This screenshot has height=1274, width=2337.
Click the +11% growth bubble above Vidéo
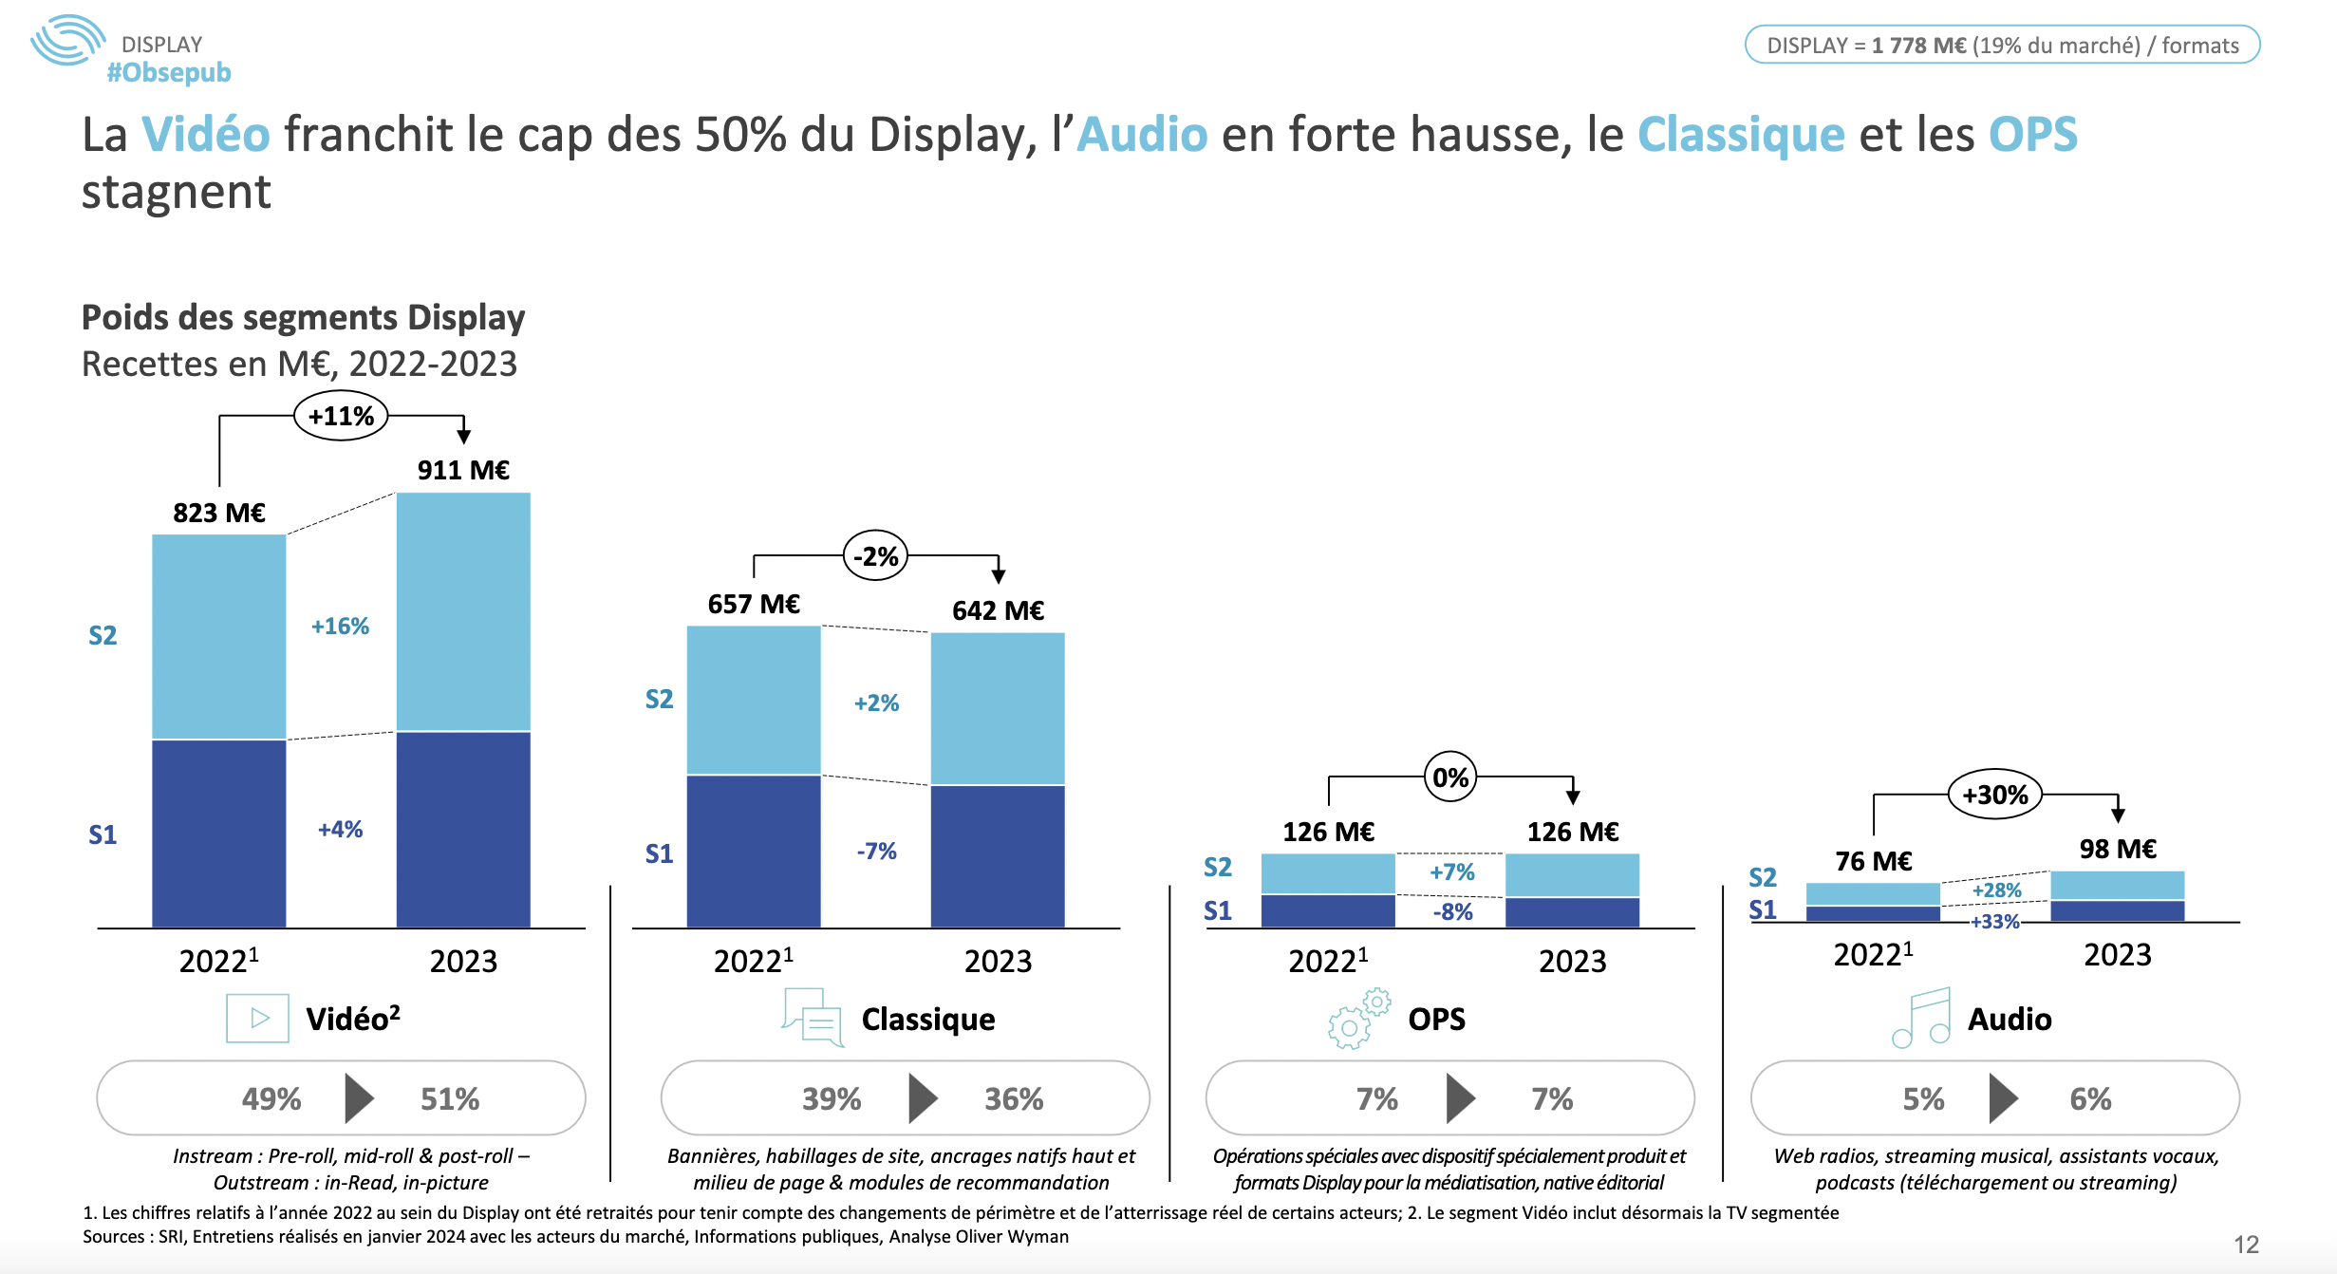coord(341,417)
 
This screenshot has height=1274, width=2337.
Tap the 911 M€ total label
coord(463,470)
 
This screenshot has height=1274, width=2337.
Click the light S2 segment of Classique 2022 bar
coord(754,700)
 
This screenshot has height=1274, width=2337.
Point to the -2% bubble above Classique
coord(875,556)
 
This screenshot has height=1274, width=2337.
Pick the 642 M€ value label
coord(998,610)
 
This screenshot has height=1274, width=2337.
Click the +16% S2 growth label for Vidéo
coord(340,627)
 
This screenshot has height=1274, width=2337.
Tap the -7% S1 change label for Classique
coord(876,851)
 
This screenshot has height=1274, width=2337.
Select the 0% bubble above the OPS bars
coord(1450,778)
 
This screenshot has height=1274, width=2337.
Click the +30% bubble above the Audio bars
coord(1994,796)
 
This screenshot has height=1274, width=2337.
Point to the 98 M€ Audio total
coord(2118,849)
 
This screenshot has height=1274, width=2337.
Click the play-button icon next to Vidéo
coord(258,1018)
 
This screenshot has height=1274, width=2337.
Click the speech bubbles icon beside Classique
coord(813,1018)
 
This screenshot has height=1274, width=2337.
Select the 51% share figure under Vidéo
coord(450,1099)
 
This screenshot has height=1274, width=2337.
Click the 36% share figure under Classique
coord(1014,1099)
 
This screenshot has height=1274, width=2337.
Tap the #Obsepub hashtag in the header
coord(169,72)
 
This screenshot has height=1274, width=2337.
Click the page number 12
coord(2246,1245)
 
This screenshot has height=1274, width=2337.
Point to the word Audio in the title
coord(1143,134)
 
